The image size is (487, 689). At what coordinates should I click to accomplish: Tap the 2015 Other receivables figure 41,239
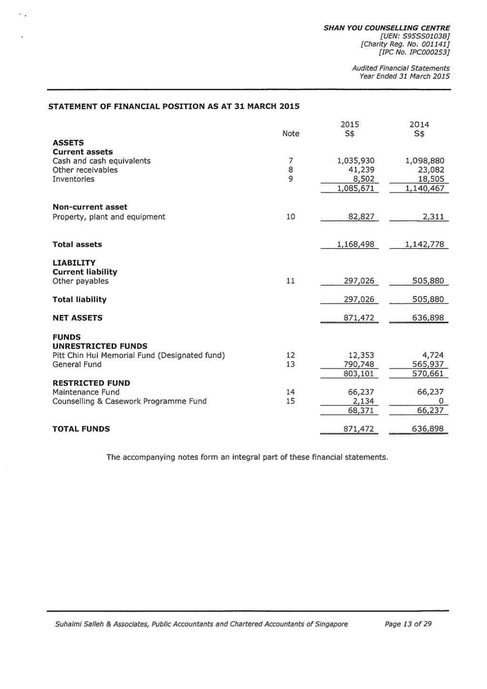tap(361, 170)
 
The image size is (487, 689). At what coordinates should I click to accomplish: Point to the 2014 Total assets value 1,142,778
tap(424, 244)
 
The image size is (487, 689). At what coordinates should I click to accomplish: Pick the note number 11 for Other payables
tap(291, 281)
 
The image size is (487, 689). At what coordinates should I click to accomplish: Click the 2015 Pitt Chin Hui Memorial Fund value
tap(361, 355)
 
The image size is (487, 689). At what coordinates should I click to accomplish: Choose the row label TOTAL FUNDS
tap(81, 429)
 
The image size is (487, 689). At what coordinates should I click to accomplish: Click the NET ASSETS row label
tap(77, 318)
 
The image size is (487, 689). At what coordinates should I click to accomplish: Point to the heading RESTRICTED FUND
tap(91, 383)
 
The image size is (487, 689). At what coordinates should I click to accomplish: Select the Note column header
tap(291, 134)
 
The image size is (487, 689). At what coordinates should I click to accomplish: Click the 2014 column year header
tap(419, 125)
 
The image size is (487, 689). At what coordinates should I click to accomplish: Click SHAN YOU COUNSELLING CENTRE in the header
tap(386, 28)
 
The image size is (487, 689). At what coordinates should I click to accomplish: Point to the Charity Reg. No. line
tap(405, 44)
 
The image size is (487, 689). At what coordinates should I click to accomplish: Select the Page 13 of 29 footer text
tap(408, 624)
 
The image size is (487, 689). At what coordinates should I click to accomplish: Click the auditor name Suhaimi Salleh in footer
tap(78, 624)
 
